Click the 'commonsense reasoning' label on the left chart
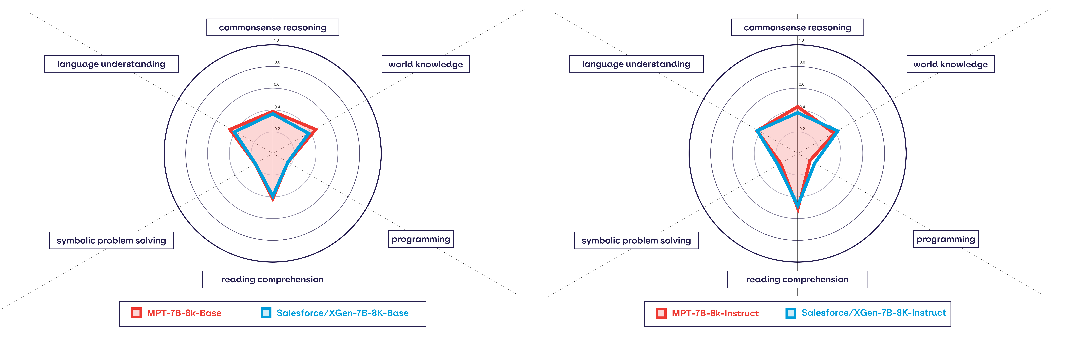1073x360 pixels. [272, 27]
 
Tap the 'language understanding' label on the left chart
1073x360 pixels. [111, 64]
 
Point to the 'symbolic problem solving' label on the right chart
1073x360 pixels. [636, 240]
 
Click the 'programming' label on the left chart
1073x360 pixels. [421, 239]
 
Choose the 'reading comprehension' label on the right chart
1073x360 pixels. [797, 279]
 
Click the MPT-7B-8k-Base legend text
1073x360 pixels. [184, 313]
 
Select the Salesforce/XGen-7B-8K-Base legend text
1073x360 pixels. [342, 313]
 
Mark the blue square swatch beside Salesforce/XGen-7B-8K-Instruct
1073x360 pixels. [791, 313]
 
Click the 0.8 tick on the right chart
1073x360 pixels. [802, 62]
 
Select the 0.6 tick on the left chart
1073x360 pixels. [277, 84]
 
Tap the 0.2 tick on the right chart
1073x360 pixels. [802, 129]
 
